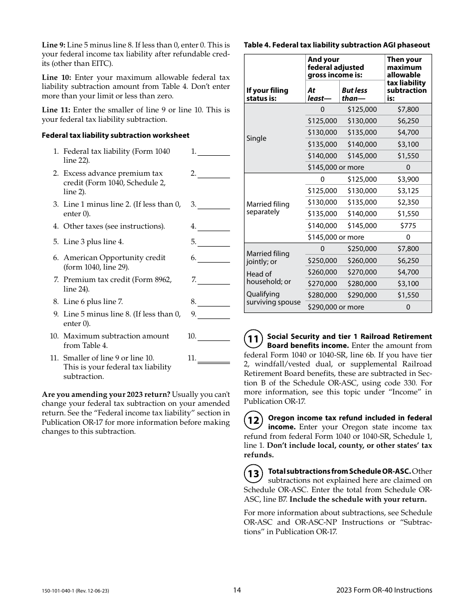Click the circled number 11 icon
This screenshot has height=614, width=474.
(253, 339)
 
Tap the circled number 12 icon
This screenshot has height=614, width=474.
(253, 420)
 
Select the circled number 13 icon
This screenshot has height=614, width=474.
(253, 474)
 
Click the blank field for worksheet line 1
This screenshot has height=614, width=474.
(214, 152)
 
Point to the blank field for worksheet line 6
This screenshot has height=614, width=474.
(214, 258)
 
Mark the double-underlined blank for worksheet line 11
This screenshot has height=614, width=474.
(214, 358)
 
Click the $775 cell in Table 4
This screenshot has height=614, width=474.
(408, 226)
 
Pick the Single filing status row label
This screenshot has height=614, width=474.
(256, 138)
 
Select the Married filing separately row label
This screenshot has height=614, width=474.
(268, 208)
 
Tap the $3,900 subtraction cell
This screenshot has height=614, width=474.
(408, 179)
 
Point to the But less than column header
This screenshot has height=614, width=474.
(354, 94)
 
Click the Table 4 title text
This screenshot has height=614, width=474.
(337, 45)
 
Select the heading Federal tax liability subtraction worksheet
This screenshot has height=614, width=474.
(115, 135)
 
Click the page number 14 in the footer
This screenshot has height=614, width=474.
(237, 590)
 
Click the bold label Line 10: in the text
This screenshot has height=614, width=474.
(57, 77)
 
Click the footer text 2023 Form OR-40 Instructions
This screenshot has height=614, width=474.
(384, 590)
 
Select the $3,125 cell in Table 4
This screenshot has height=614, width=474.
(408, 191)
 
